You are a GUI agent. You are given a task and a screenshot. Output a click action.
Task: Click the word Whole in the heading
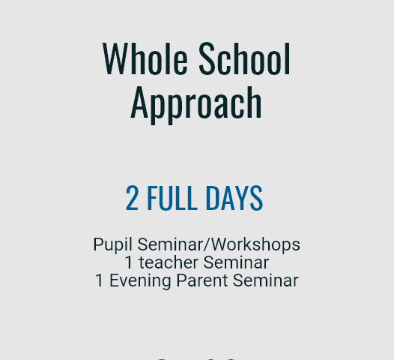click(145, 58)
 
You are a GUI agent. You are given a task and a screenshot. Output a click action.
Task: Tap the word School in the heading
click(244, 58)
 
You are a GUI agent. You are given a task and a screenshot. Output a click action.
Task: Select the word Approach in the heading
click(196, 104)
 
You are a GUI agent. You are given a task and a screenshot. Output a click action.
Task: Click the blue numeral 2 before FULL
click(132, 198)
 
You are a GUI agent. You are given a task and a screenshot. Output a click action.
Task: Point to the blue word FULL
click(172, 198)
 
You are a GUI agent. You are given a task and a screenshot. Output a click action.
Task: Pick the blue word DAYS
click(234, 198)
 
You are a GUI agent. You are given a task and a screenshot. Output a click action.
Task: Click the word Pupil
click(112, 244)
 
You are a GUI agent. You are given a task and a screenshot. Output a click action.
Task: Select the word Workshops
click(255, 244)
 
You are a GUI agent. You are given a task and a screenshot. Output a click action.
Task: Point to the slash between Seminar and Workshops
click(207, 244)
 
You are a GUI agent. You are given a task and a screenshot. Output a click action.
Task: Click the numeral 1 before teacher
click(129, 262)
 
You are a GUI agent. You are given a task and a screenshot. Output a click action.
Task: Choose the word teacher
click(169, 262)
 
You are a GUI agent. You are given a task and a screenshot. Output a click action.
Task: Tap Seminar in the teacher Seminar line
click(236, 262)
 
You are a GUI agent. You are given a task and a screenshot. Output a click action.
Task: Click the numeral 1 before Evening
click(100, 280)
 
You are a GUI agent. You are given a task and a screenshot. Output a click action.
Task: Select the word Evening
click(140, 281)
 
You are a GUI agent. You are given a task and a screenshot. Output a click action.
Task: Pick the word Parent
click(202, 280)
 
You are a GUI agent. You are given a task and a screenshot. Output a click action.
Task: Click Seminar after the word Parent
click(266, 280)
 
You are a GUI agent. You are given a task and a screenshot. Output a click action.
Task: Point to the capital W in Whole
click(115, 58)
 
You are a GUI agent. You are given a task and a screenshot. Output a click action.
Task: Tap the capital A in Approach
click(139, 102)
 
